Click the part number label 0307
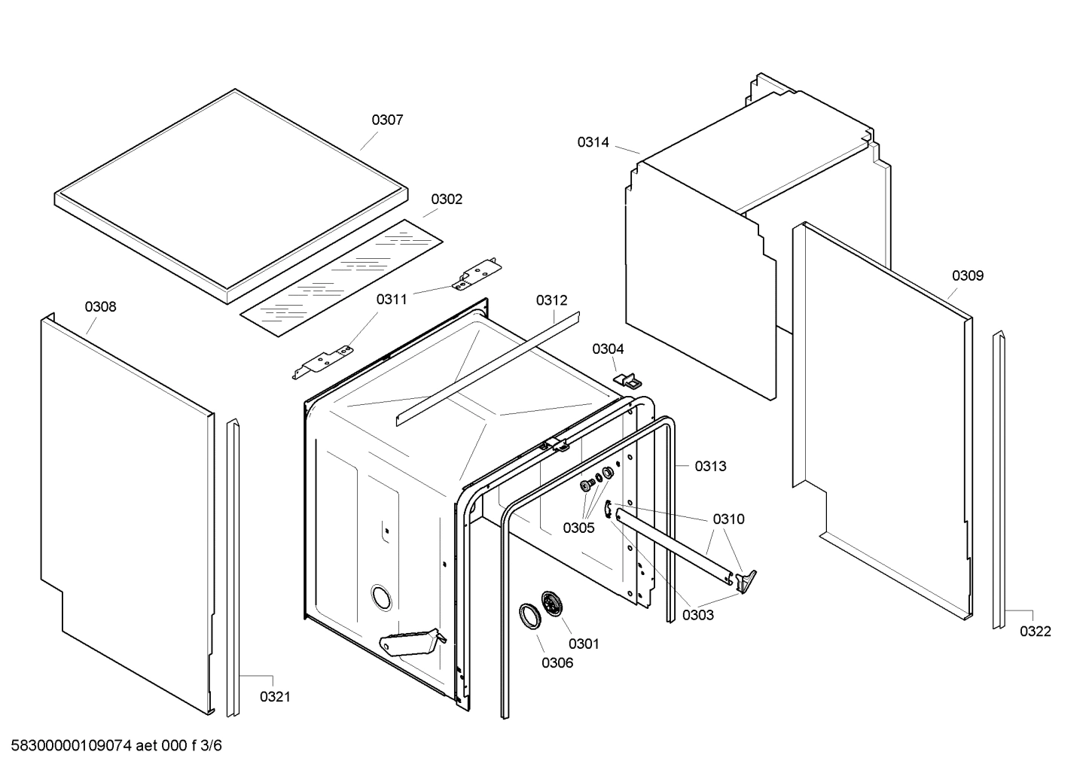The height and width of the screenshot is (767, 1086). coord(387,120)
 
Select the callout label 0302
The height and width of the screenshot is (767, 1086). coord(447,199)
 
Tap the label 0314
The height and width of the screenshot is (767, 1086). coord(593,142)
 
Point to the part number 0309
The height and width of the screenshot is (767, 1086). coord(967,275)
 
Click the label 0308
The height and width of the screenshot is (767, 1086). coord(100,306)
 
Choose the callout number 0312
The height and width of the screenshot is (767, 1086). coord(551,300)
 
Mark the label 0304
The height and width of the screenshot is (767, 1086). coord(608,349)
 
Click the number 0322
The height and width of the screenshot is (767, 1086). coord(1035,632)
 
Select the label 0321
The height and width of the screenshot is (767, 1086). coord(275,697)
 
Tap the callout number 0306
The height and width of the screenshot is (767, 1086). coord(557,662)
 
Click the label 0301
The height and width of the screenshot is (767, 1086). coord(584,644)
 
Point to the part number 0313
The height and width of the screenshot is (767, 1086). coord(710,466)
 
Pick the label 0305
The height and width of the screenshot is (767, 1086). coord(578,528)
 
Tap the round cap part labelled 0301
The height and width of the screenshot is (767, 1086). coord(554,604)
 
